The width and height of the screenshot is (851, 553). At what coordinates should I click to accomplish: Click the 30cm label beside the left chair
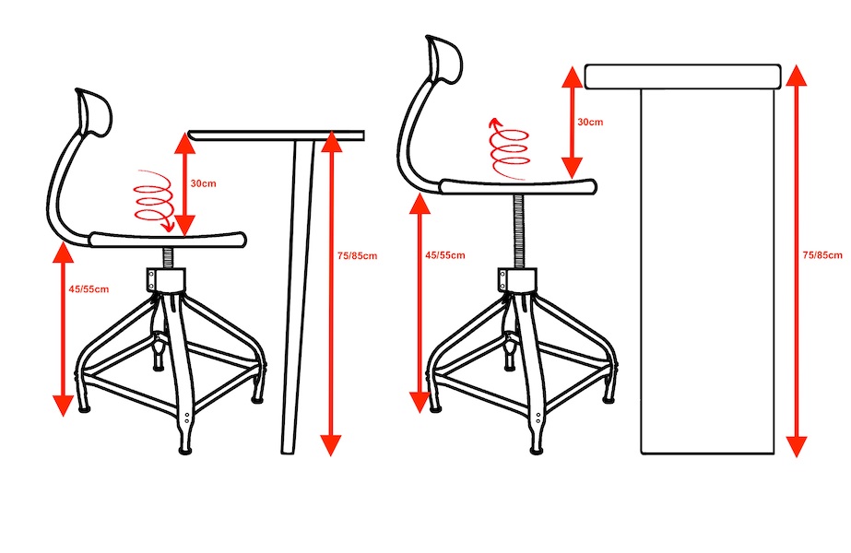tap(203, 183)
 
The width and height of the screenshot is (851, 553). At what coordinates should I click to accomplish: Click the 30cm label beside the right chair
tap(590, 122)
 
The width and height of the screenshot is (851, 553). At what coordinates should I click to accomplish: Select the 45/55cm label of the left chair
tap(89, 289)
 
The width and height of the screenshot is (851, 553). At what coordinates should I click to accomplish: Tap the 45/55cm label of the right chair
tap(445, 255)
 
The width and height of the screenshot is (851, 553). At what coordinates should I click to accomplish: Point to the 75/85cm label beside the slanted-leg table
tap(357, 255)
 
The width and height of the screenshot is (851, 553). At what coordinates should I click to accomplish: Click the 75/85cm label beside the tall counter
tap(822, 254)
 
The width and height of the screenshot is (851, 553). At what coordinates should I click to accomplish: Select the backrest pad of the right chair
tap(445, 60)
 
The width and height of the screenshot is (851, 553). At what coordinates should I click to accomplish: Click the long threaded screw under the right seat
tap(518, 231)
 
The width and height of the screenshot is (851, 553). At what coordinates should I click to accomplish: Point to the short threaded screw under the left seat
tap(168, 258)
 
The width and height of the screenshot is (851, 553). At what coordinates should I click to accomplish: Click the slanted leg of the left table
tap(297, 297)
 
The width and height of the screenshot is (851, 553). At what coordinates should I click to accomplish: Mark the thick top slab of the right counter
tap(683, 76)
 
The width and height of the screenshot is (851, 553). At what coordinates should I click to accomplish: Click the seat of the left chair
tap(168, 240)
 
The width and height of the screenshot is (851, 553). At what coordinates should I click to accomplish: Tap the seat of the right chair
tap(518, 186)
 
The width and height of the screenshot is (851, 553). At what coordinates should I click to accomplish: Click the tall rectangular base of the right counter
tap(708, 271)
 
